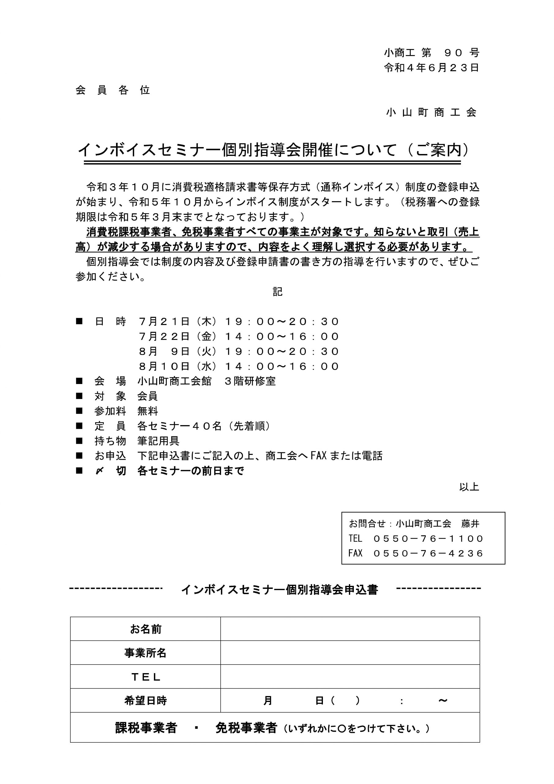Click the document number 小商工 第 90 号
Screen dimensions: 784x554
(x=432, y=53)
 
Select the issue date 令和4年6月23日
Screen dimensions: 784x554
(x=432, y=68)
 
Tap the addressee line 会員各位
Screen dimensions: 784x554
(x=113, y=90)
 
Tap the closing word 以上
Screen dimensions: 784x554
(x=469, y=487)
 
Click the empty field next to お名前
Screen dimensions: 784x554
(x=350, y=629)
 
